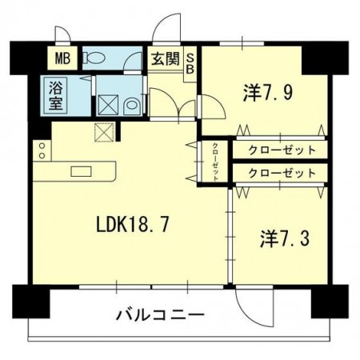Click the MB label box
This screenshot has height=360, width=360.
[x=61, y=58]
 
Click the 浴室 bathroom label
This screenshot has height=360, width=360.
[x=56, y=94]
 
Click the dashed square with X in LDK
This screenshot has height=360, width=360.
[x=102, y=132]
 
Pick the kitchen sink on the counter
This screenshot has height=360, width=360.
[x=80, y=170]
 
